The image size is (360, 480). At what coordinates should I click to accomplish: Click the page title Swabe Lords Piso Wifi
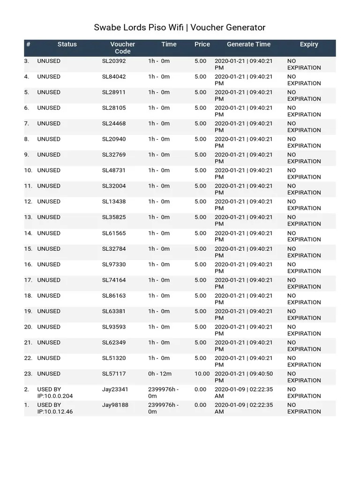pyautogui.click(x=180, y=28)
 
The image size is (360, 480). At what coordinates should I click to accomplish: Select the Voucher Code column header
pyautogui.click(x=122, y=48)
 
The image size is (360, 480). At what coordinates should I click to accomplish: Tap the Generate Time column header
pyautogui.click(x=248, y=44)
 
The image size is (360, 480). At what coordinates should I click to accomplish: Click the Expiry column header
pyautogui.click(x=309, y=44)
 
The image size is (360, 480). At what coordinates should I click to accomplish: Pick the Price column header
pyautogui.click(x=202, y=44)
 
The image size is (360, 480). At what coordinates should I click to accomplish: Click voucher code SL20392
pyautogui.click(x=114, y=61)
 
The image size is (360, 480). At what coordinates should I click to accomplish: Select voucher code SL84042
pyautogui.click(x=114, y=76)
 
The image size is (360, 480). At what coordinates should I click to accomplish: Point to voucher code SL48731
pyautogui.click(x=114, y=170)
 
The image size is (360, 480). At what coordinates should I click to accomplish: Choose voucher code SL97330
pyautogui.click(x=114, y=264)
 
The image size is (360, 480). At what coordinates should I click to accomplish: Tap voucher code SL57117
pyautogui.click(x=114, y=374)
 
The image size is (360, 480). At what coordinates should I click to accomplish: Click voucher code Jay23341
pyautogui.click(x=115, y=389)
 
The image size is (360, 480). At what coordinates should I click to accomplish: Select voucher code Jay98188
pyautogui.click(x=115, y=405)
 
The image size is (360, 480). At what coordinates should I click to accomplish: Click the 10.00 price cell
pyautogui.click(x=202, y=374)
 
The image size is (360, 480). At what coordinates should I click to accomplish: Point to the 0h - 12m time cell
pyautogui.click(x=159, y=374)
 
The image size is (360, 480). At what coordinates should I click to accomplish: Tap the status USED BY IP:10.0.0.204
pyautogui.click(x=55, y=392)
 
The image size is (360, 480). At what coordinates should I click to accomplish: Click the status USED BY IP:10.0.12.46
pyautogui.click(x=55, y=408)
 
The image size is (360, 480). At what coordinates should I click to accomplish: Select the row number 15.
pyautogui.click(x=28, y=248)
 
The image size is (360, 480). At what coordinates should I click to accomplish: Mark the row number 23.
pyautogui.click(x=28, y=374)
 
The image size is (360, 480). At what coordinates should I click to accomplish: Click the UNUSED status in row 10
pyautogui.click(x=49, y=170)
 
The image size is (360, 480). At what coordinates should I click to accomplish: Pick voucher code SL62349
pyautogui.click(x=114, y=342)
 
